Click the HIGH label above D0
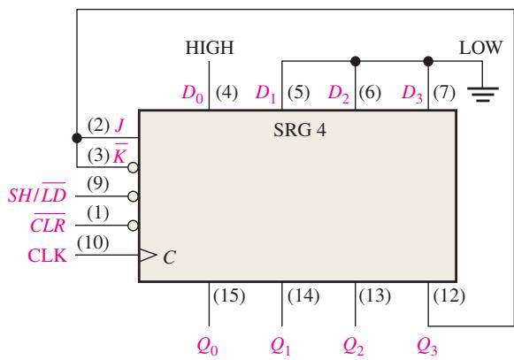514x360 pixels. (x=210, y=48)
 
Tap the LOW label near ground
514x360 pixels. (x=480, y=48)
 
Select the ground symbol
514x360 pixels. (x=482, y=95)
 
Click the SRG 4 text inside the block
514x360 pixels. (x=300, y=130)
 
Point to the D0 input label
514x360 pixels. (x=193, y=94)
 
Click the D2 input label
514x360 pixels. (x=339, y=94)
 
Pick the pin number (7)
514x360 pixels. (x=444, y=93)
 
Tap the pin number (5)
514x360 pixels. (x=298, y=93)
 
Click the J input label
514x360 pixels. (x=119, y=126)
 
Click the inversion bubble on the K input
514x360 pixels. (x=133, y=167)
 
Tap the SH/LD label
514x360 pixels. (x=37, y=193)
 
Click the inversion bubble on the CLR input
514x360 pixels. (x=133, y=226)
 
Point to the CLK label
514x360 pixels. (x=48, y=256)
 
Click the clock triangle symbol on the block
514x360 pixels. (x=148, y=255)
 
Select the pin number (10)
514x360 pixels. (x=93, y=243)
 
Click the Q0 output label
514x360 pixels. (x=208, y=346)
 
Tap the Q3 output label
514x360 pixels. (x=427, y=346)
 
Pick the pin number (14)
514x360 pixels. (x=303, y=296)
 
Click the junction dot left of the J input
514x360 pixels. (x=77, y=138)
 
